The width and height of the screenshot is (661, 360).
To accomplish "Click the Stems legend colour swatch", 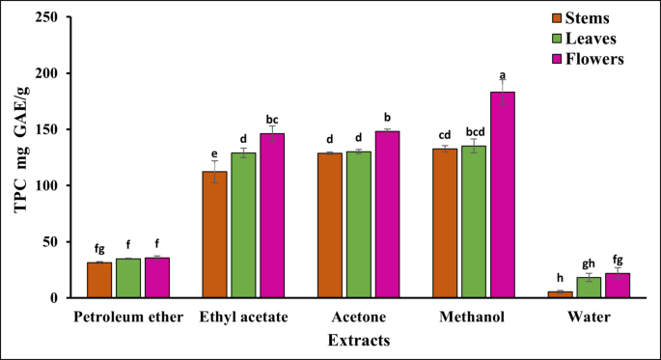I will click(x=532, y=17).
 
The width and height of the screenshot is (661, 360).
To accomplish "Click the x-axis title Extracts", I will click(x=358, y=340).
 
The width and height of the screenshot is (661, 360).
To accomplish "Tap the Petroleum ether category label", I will click(x=127, y=318).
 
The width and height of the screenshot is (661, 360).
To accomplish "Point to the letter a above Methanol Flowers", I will click(x=502, y=73).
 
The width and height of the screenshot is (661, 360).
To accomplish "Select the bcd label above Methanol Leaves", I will click(x=474, y=130).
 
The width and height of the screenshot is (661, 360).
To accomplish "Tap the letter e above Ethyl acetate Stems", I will click(x=213, y=152).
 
